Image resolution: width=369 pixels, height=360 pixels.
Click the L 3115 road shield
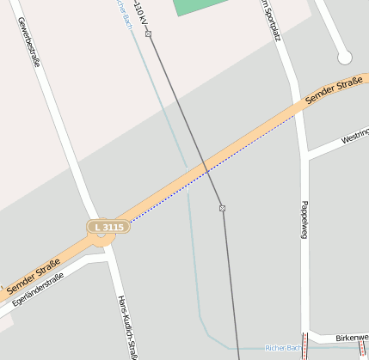click(x=109, y=227)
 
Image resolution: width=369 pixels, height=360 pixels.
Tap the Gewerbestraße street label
click(x=29, y=42)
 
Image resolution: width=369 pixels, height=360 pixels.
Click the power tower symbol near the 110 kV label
click(x=148, y=34)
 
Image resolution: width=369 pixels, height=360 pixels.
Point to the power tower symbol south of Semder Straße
click(x=222, y=208)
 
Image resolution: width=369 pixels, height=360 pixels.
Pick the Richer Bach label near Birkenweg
click(x=283, y=348)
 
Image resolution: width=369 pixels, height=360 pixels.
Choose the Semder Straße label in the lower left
click(x=33, y=278)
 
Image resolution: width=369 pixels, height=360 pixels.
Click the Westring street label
click(x=355, y=137)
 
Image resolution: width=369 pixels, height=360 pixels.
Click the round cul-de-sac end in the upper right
click(x=345, y=58)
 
